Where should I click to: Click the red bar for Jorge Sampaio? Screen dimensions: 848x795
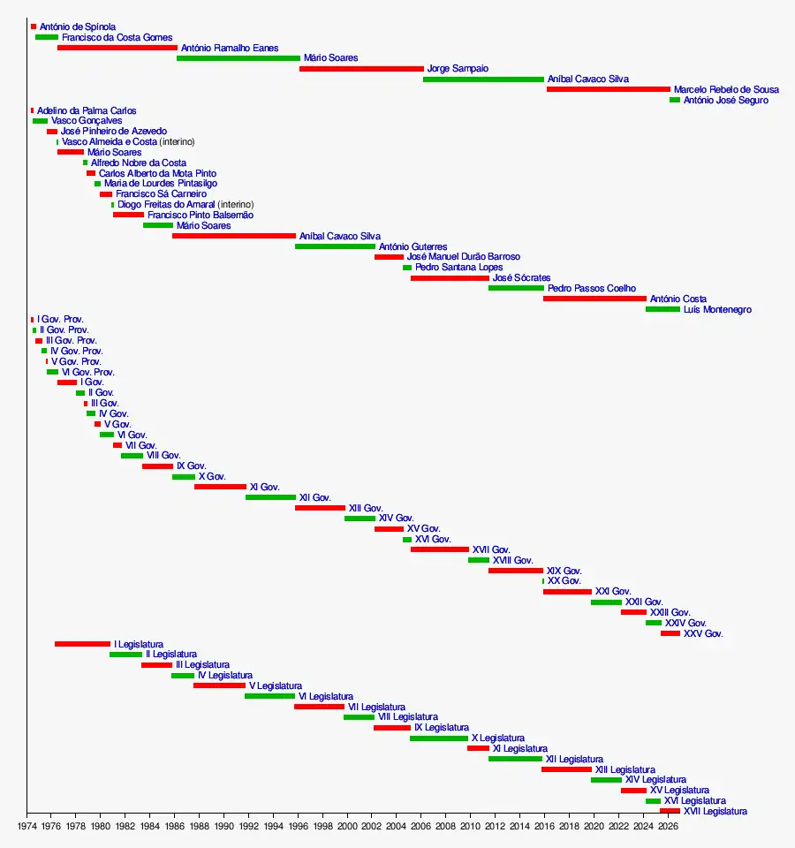(361, 69)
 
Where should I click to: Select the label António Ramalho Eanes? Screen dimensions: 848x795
(230, 48)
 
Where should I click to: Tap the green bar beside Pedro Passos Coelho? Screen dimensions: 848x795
(516, 288)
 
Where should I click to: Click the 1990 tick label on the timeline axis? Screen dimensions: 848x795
(223, 827)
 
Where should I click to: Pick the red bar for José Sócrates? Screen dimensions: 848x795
(450, 278)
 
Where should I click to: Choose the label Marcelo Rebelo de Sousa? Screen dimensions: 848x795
(726, 89)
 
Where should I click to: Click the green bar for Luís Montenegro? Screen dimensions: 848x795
(662, 309)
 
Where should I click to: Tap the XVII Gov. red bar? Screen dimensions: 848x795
(439, 549)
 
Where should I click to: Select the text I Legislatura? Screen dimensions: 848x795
(138, 644)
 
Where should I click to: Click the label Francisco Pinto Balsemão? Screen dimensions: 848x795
(201, 215)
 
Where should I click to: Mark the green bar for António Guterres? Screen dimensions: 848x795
(335, 246)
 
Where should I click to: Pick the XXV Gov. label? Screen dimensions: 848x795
(703, 633)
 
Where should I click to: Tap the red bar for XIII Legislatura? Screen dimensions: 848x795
(566, 769)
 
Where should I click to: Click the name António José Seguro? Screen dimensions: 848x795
(725, 100)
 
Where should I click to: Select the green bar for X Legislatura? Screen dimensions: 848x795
(438, 738)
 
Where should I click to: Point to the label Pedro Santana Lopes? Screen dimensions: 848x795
(458, 267)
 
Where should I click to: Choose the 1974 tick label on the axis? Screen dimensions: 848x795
(26, 827)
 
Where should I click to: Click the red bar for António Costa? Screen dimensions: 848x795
(594, 299)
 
